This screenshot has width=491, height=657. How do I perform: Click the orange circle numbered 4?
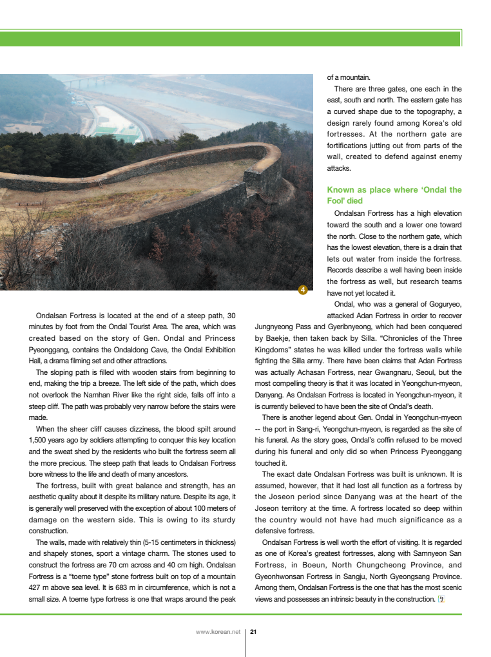point(303,290)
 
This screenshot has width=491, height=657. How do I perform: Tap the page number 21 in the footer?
point(253,632)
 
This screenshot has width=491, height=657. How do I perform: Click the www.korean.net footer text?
point(218,632)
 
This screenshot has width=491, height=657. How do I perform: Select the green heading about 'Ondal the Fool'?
point(394,195)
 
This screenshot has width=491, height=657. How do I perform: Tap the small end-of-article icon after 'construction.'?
point(441,600)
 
